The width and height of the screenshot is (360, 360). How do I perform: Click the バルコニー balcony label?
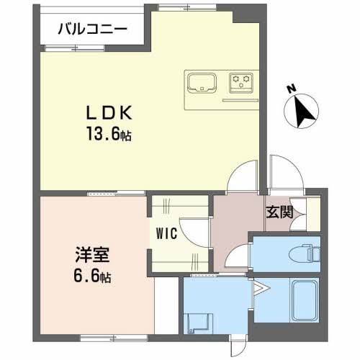[x=93, y=30]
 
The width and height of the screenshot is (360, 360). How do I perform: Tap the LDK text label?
[x=109, y=113]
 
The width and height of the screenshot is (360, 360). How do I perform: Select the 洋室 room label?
[x=92, y=255]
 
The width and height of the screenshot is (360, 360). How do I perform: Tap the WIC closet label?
[x=167, y=233]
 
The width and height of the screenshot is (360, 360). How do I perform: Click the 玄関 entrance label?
[x=280, y=212]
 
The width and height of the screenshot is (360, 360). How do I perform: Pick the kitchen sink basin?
[x=202, y=82]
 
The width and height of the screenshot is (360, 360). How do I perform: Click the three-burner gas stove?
[x=241, y=83]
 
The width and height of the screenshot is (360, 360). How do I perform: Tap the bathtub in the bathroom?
[x=305, y=301]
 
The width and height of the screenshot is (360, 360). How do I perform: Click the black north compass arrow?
[x=303, y=111]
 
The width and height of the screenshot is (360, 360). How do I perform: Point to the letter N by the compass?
[x=292, y=89]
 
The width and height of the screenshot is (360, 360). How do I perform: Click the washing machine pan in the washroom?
[x=198, y=323]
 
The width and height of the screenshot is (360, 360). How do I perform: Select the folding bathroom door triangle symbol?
[x=261, y=288]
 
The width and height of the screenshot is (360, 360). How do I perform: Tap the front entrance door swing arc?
[x=294, y=166]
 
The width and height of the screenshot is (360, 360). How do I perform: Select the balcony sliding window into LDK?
[x=75, y=48]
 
